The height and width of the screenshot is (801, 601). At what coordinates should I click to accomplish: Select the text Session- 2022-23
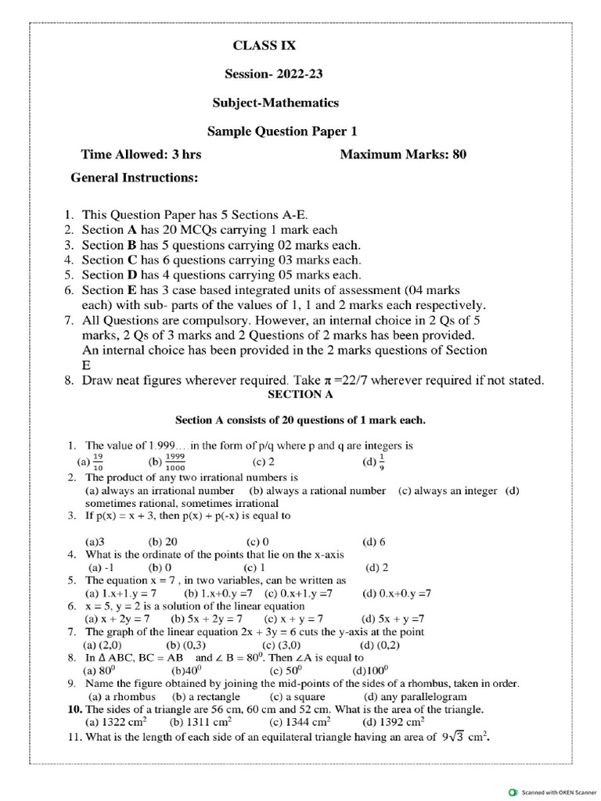pyautogui.click(x=273, y=75)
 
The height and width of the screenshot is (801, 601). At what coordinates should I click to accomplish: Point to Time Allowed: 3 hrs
pyautogui.click(x=141, y=154)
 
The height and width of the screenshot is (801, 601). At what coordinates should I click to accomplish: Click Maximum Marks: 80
pyautogui.click(x=403, y=154)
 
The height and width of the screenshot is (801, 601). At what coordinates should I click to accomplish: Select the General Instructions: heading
pyautogui.click(x=135, y=178)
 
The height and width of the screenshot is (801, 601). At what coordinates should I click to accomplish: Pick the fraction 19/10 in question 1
pyautogui.click(x=98, y=462)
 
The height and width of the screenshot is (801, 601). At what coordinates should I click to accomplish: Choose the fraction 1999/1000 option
pyautogui.click(x=175, y=462)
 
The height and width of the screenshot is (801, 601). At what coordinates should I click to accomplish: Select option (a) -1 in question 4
pyautogui.click(x=101, y=567)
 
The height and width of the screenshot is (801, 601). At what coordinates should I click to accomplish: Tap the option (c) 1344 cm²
pyautogui.click(x=300, y=722)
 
